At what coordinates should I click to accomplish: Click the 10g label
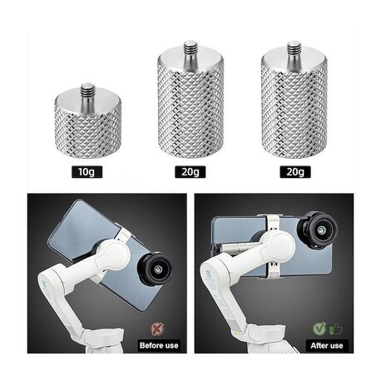87,172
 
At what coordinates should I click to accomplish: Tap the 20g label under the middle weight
190,172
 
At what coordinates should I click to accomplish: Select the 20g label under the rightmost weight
295,172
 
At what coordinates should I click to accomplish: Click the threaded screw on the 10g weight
88,93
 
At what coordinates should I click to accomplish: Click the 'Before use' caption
159,345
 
